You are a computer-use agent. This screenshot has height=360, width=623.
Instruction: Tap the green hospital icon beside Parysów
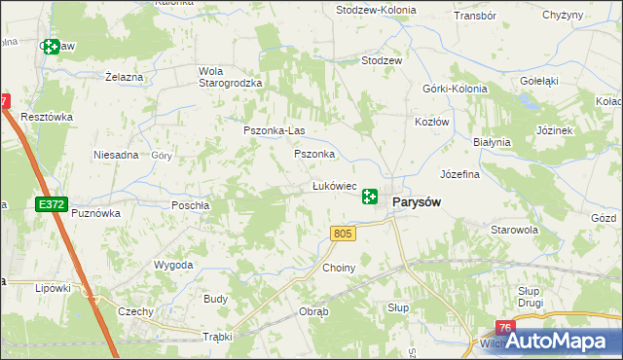(x=370, y=198)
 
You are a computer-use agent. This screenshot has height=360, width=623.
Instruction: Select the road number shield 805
(x=341, y=234)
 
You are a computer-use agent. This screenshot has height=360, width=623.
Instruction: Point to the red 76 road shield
(x=504, y=329)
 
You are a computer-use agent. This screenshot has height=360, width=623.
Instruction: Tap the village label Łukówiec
(x=333, y=185)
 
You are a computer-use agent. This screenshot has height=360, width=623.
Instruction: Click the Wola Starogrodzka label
(x=231, y=77)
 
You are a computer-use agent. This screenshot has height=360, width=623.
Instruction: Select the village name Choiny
(x=339, y=268)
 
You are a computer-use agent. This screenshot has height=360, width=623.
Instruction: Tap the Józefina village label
(x=460, y=175)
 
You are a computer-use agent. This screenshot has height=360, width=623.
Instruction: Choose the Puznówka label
(x=96, y=212)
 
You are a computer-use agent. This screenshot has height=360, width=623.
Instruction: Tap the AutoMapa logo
(x=564, y=341)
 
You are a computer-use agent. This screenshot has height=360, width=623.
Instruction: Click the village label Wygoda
(x=173, y=265)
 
